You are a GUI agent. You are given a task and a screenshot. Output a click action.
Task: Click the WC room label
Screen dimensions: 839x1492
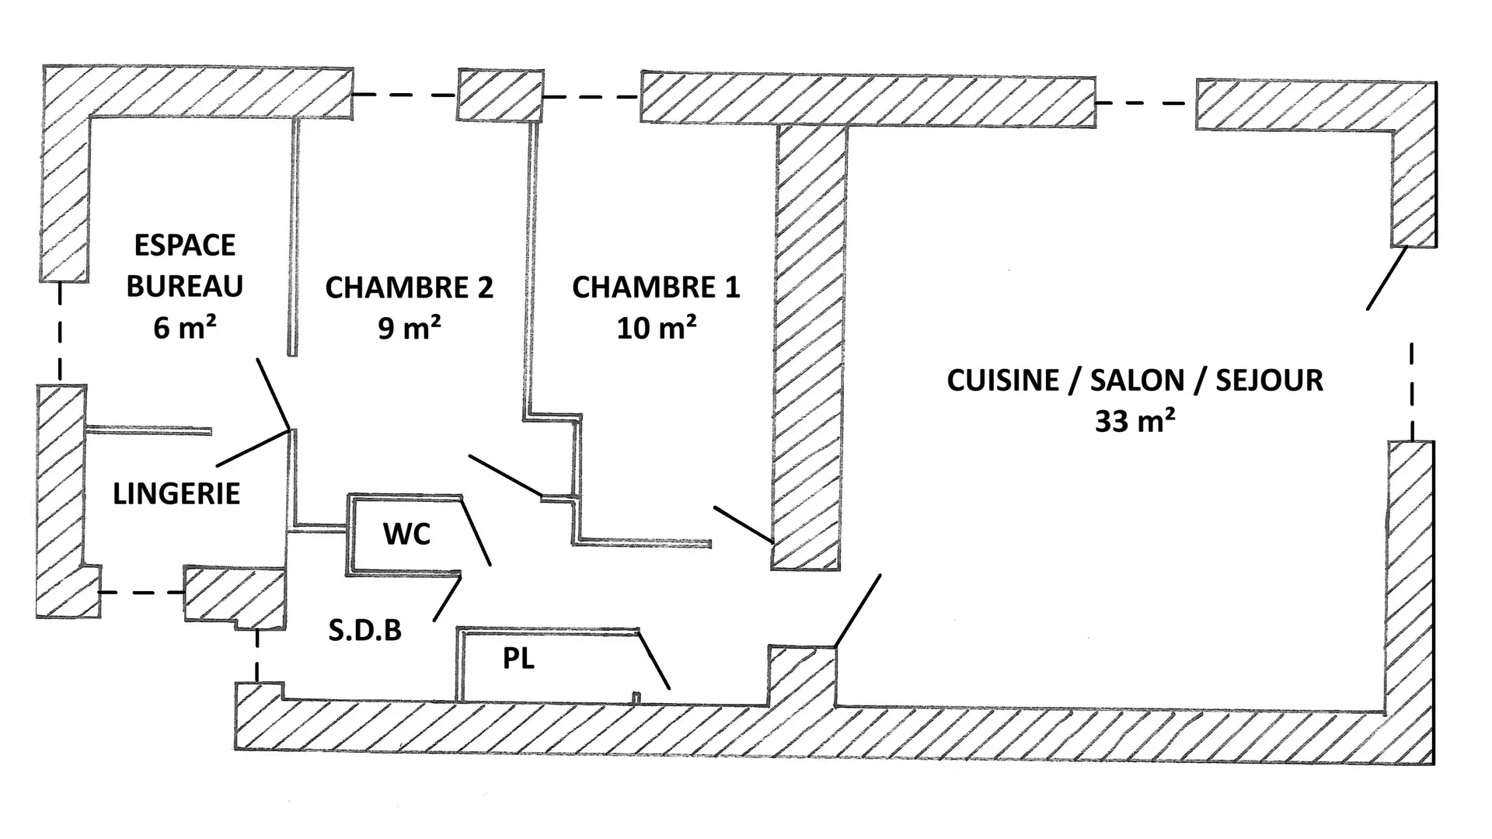(406, 534)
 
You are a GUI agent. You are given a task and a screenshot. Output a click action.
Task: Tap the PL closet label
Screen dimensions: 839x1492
(518, 659)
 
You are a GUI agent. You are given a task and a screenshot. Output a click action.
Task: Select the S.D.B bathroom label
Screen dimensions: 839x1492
(364, 630)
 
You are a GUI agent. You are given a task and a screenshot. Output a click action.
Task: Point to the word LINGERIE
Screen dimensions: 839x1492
(176, 494)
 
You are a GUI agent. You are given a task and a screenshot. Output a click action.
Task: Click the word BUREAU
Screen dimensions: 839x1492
(185, 287)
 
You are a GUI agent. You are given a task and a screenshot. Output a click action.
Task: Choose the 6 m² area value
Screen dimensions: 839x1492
(185, 328)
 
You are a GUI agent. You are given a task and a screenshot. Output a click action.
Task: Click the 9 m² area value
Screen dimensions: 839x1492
(410, 329)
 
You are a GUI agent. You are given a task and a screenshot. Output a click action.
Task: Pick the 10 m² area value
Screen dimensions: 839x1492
(656, 329)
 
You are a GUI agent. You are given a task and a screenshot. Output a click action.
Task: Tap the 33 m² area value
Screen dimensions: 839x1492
(1135, 421)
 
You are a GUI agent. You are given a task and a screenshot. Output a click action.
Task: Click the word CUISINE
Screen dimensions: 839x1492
(1002, 381)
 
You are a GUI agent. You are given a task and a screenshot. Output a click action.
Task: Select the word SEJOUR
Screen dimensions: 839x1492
(1269, 381)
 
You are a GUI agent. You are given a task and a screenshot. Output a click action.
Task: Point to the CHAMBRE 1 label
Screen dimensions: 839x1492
(656, 287)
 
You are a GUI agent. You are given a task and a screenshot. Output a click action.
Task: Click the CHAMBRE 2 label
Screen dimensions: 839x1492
(410, 287)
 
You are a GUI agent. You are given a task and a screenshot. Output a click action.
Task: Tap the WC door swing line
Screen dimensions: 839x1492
(476, 531)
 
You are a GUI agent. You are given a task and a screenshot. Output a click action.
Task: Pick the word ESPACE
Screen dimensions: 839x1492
(185, 245)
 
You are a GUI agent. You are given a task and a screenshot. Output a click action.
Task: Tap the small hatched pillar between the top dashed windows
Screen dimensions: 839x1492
(500, 95)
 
